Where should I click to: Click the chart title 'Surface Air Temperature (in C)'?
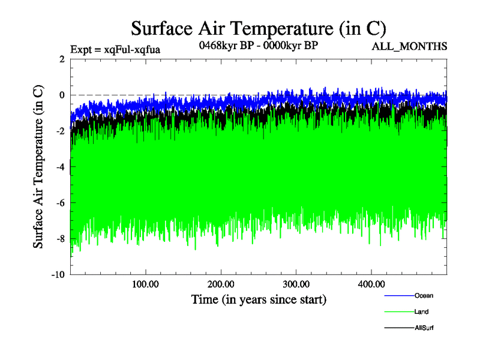(258, 28)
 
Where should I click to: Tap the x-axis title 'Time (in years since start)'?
(259, 298)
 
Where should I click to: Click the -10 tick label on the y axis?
(58, 275)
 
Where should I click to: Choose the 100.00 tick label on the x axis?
(145, 284)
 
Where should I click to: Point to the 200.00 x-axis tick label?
(220, 284)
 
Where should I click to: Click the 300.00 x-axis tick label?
(296, 284)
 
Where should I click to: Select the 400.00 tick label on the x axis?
(371, 284)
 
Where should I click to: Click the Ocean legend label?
(423, 295)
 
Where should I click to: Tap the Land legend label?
(421, 311)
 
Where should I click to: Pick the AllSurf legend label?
(424, 328)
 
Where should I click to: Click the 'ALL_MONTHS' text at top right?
(410, 47)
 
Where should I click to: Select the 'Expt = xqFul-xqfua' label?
(115, 49)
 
